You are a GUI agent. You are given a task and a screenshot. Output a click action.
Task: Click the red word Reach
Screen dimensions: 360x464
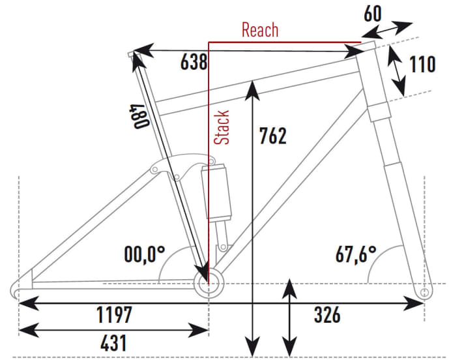pyautogui.click(x=259, y=29)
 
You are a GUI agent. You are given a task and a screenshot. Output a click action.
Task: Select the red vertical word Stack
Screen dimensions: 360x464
pyautogui.click(x=223, y=127)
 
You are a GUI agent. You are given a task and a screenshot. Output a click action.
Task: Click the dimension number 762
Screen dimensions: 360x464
pyautogui.click(x=272, y=136)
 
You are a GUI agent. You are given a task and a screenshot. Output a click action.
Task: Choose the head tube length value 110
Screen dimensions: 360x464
pyautogui.click(x=422, y=65)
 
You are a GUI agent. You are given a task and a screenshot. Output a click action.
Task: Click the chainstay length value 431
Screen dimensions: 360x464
pyautogui.click(x=104, y=342)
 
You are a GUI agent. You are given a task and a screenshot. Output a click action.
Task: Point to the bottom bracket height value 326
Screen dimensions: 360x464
pyautogui.click(x=326, y=315)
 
